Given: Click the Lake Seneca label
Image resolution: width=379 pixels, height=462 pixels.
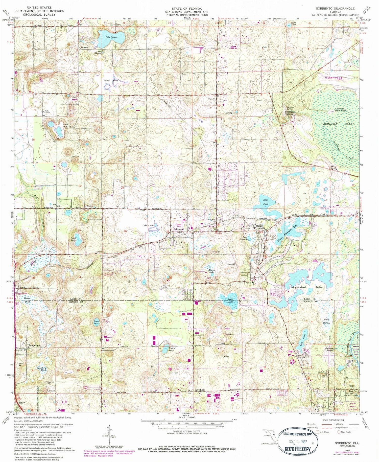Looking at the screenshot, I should [x=111, y=37].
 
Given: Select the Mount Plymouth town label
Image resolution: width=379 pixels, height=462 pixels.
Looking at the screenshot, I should [x=260, y=227].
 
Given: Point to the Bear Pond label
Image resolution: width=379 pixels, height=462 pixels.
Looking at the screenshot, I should [x=266, y=202].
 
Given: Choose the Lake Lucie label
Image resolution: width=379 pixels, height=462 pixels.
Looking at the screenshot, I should [x=230, y=300].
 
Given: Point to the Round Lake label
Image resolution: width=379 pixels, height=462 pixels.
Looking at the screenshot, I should [x=97, y=322].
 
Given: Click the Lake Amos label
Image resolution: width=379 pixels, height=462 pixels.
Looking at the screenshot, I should [x=148, y=225].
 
